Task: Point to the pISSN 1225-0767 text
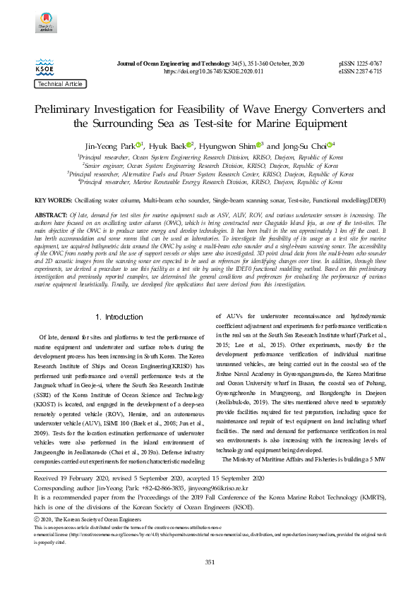coord(361,64)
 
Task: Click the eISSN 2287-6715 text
coord(361,72)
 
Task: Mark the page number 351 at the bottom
coord(210,562)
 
